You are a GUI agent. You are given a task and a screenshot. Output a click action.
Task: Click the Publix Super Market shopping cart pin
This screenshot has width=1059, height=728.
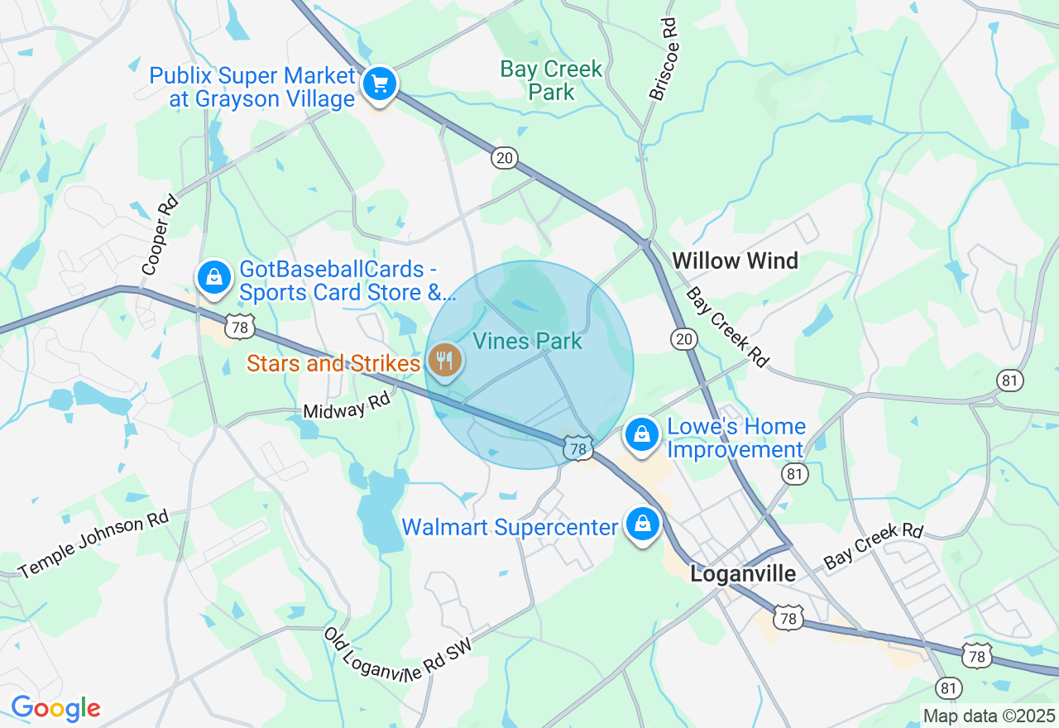[380, 84]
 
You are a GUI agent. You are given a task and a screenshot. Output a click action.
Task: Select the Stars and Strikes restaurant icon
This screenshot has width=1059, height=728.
[445, 361]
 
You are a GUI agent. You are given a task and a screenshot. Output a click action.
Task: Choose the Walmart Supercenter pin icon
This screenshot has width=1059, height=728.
[642, 524]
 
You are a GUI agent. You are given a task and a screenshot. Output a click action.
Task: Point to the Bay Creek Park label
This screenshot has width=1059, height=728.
[552, 80]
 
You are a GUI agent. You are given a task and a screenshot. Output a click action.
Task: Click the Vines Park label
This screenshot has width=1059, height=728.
[527, 341]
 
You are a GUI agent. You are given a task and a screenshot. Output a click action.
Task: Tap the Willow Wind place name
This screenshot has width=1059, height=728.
[735, 261]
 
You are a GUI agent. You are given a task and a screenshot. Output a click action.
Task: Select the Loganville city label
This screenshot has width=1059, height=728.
[743, 573]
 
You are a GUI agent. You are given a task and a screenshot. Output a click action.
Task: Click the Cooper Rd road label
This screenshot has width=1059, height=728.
[161, 235]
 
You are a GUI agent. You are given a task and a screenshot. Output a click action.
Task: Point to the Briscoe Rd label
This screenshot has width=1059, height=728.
[663, 59]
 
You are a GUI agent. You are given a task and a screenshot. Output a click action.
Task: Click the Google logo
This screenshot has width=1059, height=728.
[55, 708]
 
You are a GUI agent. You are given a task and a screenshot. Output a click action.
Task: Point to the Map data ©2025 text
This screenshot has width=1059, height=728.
[990, 716]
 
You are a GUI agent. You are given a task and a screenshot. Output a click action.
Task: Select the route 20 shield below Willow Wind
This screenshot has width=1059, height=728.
[685, 338]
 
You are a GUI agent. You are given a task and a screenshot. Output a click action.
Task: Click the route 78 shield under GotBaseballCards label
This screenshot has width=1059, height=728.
[240, 328]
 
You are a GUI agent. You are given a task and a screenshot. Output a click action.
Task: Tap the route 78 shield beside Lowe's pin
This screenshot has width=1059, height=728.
[578, 449]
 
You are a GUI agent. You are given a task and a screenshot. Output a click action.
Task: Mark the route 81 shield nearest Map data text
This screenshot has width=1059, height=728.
[949, 687]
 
